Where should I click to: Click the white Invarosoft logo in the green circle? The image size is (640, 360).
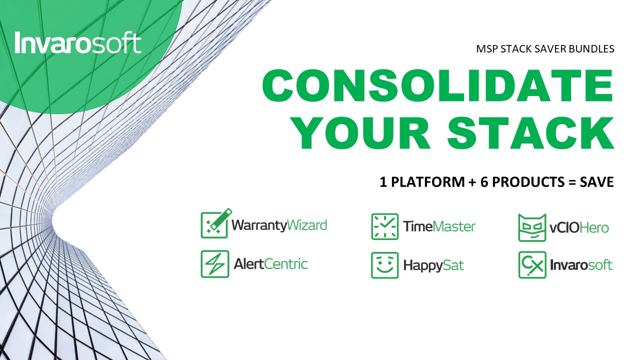[78, 42]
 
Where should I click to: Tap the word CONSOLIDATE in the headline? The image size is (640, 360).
[437, 85]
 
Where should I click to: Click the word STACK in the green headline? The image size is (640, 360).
[530, 133]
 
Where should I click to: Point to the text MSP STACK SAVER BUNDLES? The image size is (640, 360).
[545, 49]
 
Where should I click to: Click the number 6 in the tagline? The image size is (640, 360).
[484, 182]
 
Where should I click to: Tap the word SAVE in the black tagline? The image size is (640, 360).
[597, 182]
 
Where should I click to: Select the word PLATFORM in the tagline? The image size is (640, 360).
[427, 182]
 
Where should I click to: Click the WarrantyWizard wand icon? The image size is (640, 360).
[216, 223]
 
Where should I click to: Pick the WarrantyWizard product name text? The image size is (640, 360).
[279, 225]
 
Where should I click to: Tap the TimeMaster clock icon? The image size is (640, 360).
[384, 226]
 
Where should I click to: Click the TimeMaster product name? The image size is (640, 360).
[439, 226]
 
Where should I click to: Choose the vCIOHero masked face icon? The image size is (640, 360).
[532, 227]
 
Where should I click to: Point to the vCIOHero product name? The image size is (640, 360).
[579, 228]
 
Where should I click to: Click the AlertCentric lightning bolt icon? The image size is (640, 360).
[215, 264]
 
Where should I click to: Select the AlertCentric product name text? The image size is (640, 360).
[270, 263]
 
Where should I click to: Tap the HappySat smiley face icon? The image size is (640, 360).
[384, 265]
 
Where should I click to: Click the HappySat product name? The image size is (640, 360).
[433, 265]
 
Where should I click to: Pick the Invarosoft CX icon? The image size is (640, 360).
[532, 265]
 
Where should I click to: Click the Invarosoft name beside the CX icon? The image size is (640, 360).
[581, 265]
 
